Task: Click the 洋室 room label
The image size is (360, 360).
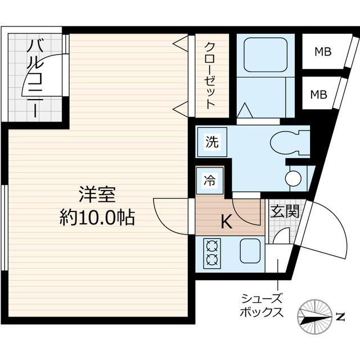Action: pyautogui.click(x=97, y=195)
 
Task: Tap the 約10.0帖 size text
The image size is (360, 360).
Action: pyautogui.click(x=97, y=217)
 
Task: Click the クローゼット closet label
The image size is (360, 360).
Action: pyautogui.click(x=210, y=75)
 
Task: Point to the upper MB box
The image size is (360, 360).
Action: pyautogui.click(x=322, y=52)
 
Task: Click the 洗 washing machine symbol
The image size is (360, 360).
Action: pyautogui.click(x=211, y=142)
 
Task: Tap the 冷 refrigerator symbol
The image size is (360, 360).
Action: pyautogui.click(x=209, y=181)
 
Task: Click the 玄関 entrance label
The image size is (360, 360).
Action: pyautogui.click(x=283, y=212)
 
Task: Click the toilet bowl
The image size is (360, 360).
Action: pyautogui.click(x=287, y=143)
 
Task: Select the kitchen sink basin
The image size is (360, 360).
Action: pyautogui.click(x=252, y=250)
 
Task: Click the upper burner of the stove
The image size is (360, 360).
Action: pyautogui.click(x=213, y=246)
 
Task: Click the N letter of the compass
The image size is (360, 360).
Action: pyautogui.click(x=340, y=317)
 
